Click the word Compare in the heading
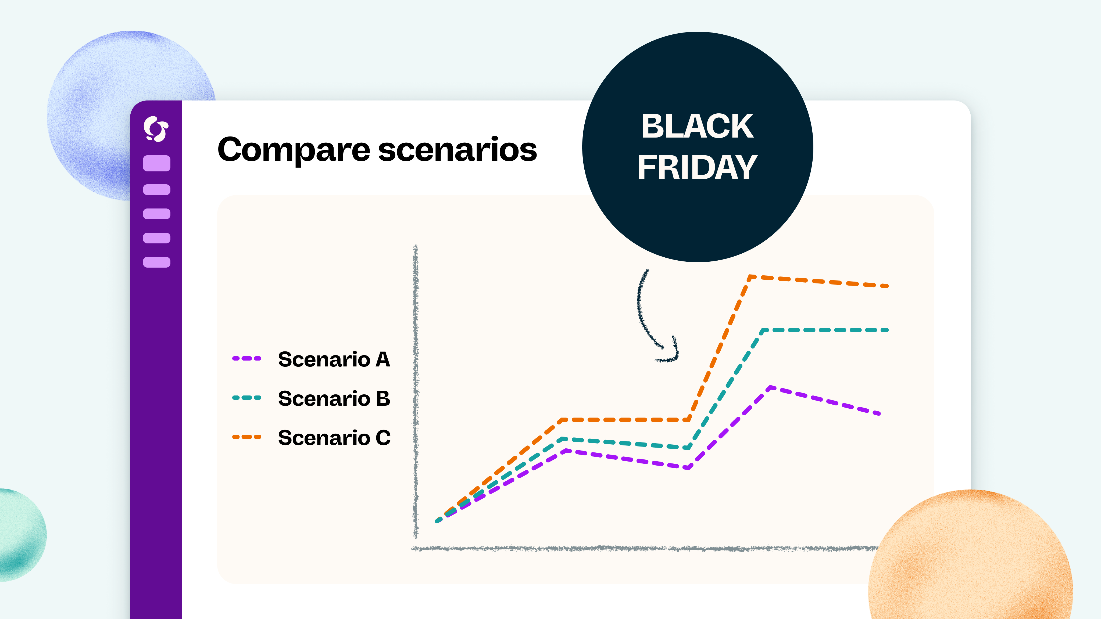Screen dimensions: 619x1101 click(294, 150)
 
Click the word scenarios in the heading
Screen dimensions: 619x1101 click(457, 150)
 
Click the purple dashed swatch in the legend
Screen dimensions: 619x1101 click(246, 358)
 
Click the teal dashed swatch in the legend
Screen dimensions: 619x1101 click(246, 398)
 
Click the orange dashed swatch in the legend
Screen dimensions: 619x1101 click(246, 437)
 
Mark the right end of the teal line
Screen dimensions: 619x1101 click(886, 330)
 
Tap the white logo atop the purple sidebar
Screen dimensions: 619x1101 click(156, 129)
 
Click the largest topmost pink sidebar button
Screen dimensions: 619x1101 click(156, 163)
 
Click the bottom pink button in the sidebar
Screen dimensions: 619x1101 click(156, 262)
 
